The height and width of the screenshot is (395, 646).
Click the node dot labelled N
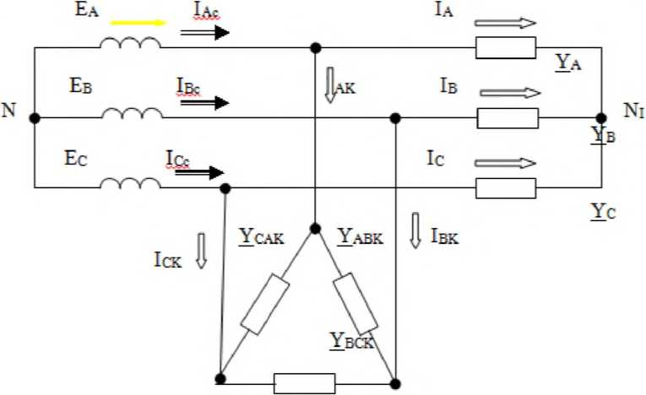click(35, 118)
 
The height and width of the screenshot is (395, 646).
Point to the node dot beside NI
click(600, 118)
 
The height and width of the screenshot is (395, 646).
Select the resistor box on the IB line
click(507, 118)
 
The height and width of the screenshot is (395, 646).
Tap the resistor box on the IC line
click(506, 187)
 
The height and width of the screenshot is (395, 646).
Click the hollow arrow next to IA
click(505, 24)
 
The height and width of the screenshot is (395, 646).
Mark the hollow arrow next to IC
click(505, 163)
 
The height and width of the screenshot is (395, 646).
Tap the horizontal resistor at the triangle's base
click(304, 384)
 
